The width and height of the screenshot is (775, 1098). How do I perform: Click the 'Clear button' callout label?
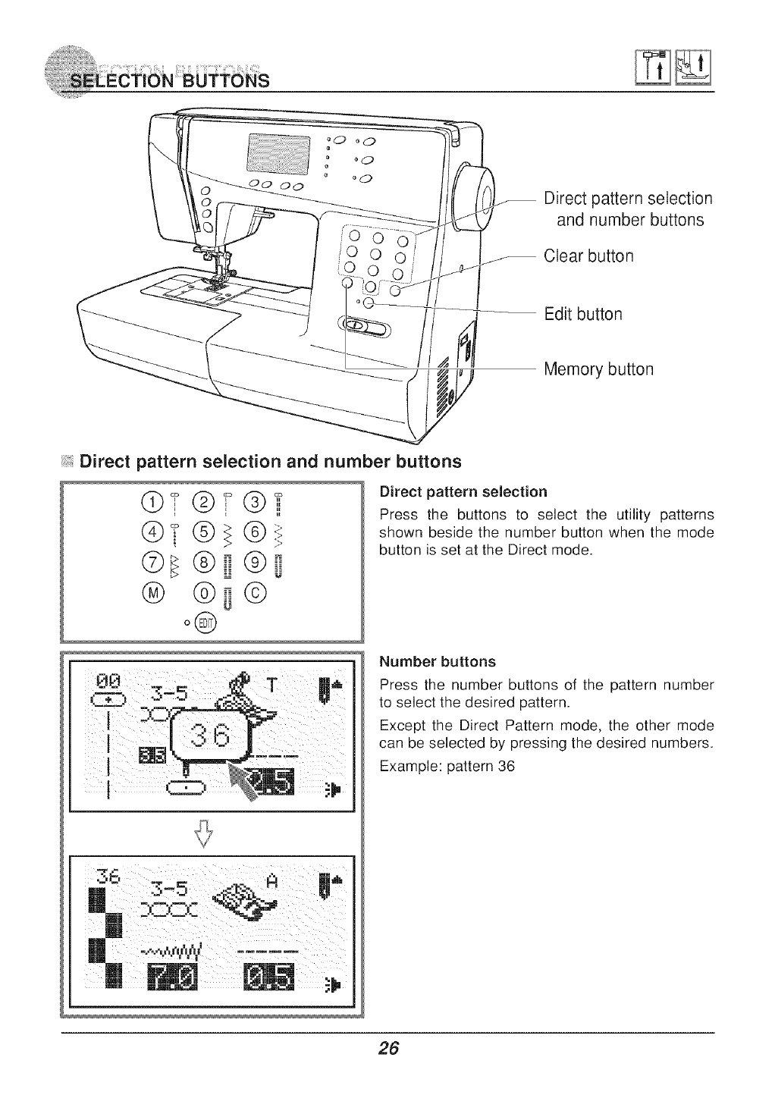tap(588, 256)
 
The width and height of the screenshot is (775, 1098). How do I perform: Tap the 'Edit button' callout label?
tap(583, 314)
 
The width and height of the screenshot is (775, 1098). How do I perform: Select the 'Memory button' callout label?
tap(598, 370)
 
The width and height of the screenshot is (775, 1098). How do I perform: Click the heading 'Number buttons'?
tap(437, 662)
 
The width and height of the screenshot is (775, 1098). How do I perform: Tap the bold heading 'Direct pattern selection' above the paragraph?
tap(463, 491)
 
